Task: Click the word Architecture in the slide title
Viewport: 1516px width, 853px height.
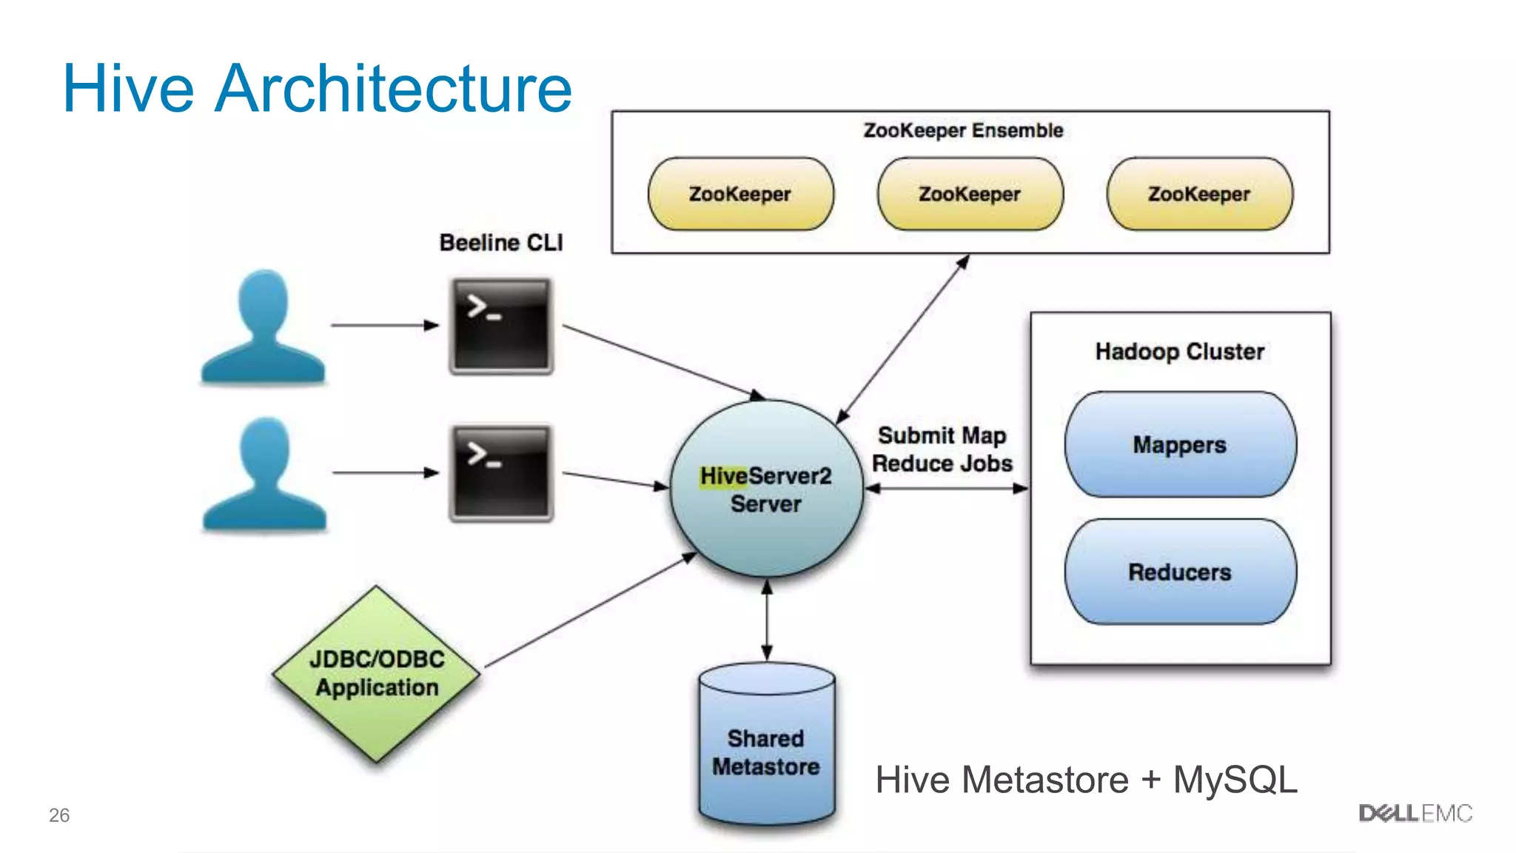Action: [393, 89]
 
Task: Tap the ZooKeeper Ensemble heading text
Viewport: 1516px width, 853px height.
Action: [963, 130]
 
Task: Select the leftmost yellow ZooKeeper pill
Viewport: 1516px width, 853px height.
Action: [740, 194]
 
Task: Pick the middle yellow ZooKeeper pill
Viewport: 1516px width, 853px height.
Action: [970, 194]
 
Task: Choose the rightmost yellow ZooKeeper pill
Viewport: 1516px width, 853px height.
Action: [1199, 194]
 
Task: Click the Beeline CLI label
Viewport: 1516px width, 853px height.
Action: [501, 243]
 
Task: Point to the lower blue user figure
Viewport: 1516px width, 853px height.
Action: [264, 475]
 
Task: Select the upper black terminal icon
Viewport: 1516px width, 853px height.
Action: [501, 326]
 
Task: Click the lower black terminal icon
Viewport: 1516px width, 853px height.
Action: [501, 473]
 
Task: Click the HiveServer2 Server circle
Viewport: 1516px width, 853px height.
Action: [766, 489]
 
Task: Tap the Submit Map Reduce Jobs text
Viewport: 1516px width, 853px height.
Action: [942, 449]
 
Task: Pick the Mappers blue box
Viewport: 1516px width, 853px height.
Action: [1180, 444]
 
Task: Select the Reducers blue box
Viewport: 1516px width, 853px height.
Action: [1180, 572]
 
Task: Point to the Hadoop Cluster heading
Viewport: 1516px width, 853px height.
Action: [1180, 351]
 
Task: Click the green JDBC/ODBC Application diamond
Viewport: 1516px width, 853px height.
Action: [377, 674]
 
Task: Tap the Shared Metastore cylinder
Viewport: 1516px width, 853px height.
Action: [767, 748]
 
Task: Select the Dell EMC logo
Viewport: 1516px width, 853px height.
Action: [1415, 814]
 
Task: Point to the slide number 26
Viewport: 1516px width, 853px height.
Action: [59, 815]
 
